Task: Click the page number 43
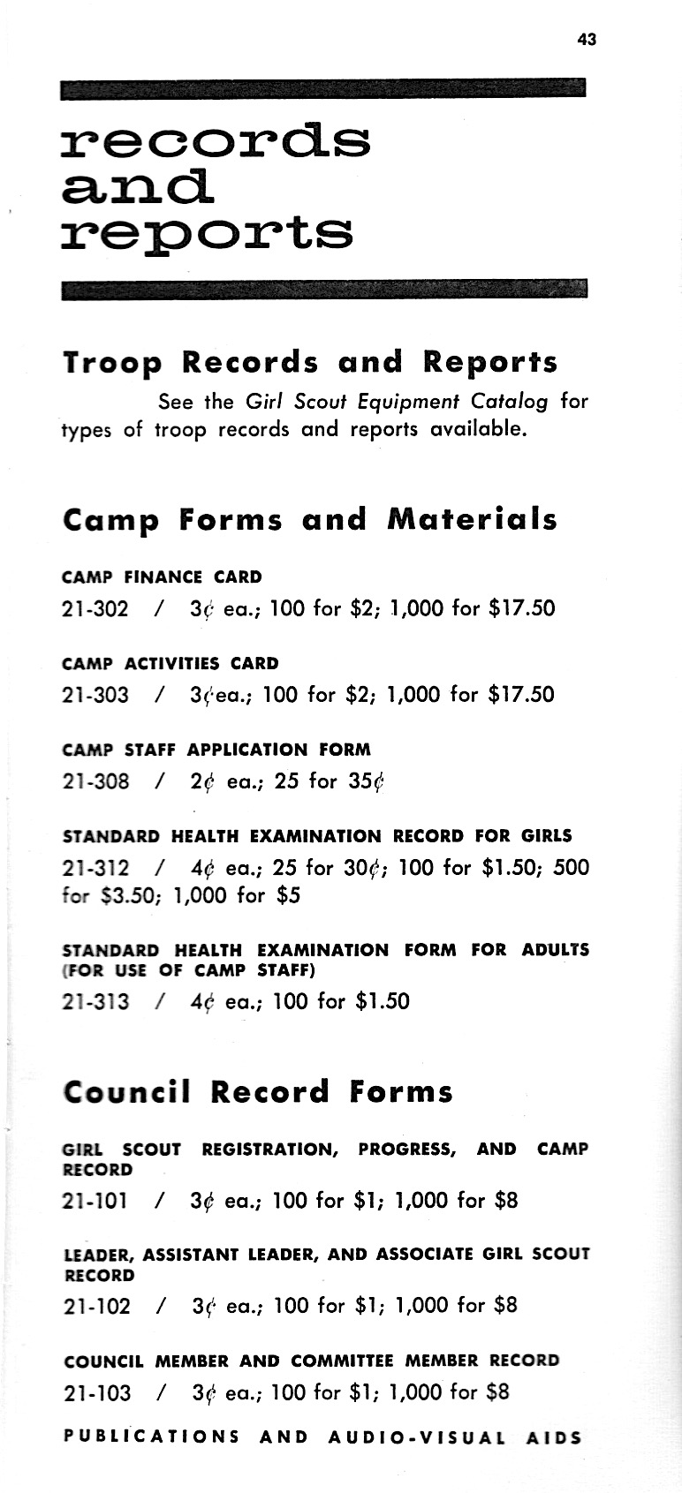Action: pos(587,40)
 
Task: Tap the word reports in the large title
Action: pos(208,233)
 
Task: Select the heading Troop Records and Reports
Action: pos(311,362)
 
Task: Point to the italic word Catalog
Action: pos(510,402)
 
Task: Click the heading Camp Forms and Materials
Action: pos(311,519)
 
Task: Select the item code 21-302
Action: pos(95,608)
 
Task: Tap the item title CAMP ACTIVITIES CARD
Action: pos(170,663)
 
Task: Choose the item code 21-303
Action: pos(95,695)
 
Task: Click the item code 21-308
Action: pos(95,781)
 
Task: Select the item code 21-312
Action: pos(95,868)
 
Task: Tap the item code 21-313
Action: pos(95,1001)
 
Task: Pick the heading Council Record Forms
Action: pos(258,1092)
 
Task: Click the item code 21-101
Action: pos(95,1201)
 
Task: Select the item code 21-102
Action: pos(97,1305)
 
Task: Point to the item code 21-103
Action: pos(97,1392)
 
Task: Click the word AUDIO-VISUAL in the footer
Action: pos(417,1436)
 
